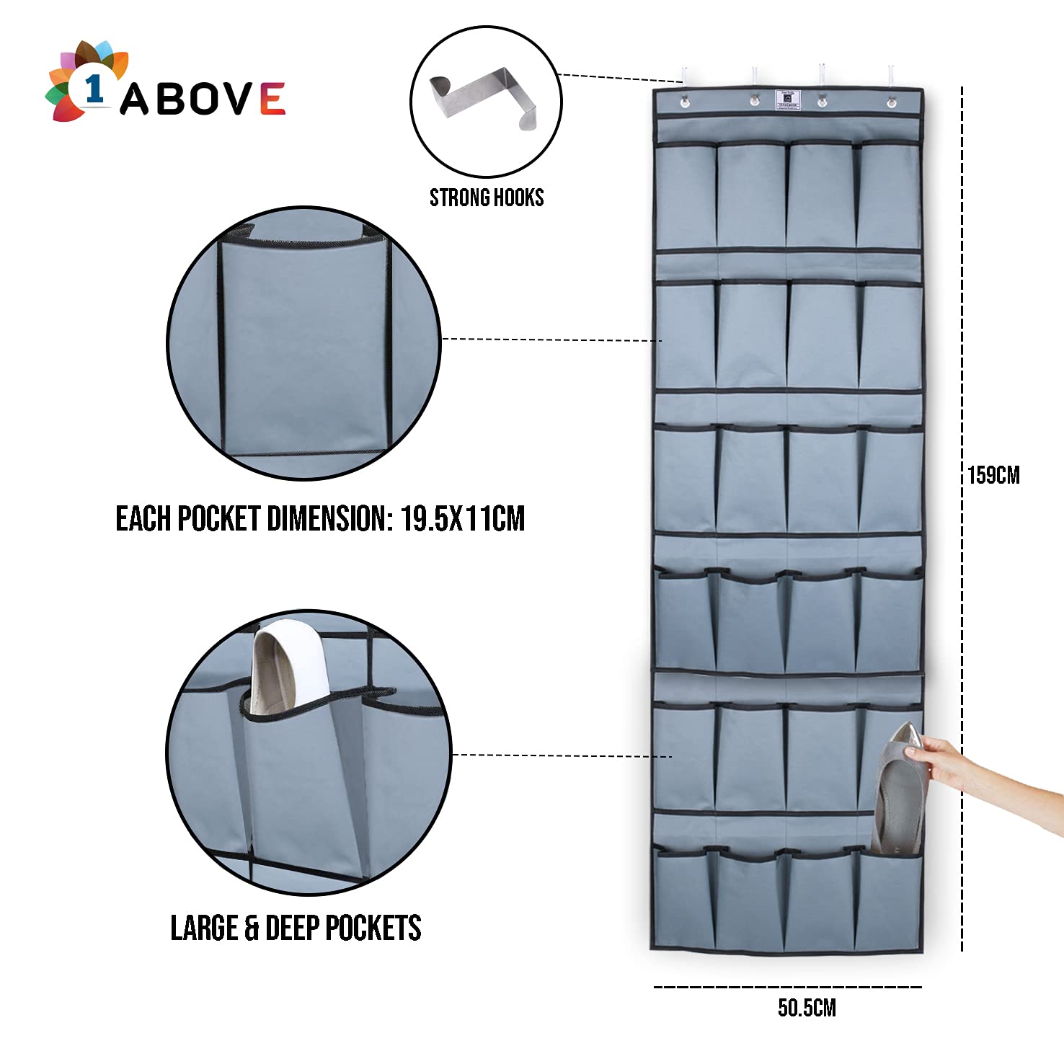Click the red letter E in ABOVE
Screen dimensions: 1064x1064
click(272, 99)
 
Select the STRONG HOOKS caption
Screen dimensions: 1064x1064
click(487, 198)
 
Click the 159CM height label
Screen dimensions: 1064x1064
click(993, 476)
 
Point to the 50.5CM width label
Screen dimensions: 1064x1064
click(807, 1008)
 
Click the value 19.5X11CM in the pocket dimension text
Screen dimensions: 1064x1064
click(463, 518)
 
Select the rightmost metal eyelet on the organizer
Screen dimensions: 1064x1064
click(891, 102)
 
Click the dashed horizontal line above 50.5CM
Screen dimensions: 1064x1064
click(787, 987)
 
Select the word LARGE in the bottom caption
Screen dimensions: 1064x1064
click(205, 928)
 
